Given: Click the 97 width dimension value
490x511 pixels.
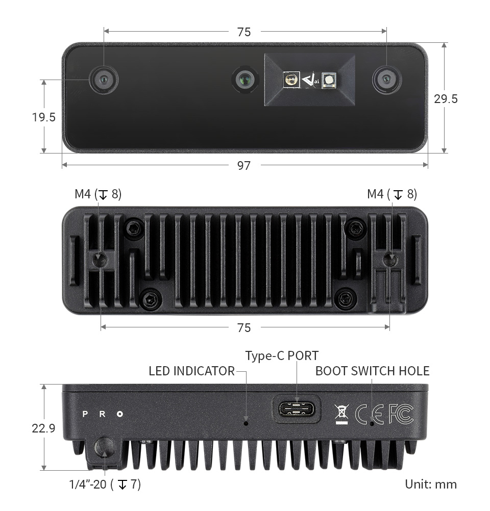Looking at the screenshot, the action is click(243, 166).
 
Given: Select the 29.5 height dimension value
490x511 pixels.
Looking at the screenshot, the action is click(446, 99).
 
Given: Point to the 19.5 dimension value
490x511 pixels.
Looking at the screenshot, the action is click(44, 117).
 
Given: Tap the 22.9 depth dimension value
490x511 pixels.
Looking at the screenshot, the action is click(43, 428).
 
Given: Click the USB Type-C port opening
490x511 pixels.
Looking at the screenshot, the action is click(297, 408).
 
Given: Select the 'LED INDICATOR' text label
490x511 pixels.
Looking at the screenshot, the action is click(192, 371).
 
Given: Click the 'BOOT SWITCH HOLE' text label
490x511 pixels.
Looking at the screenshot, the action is click(372, 371).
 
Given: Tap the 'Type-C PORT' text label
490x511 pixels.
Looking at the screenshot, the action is click(282, 355).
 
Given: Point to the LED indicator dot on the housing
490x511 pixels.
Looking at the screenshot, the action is click(246, 423).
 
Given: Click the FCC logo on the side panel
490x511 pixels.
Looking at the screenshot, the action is click(401, 414).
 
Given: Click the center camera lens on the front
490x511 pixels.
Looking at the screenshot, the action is click(245, 79).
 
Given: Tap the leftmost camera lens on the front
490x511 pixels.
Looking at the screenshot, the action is click(104, 80).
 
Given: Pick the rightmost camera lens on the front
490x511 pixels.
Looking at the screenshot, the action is click(387, 80).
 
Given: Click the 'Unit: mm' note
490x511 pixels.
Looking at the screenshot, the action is click(431, 484).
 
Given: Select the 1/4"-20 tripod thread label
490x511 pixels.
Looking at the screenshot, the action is click(105, 484).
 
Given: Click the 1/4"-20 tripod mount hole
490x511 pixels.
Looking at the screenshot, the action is click(105, 447).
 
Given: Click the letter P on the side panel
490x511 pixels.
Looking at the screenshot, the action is click(85, 414).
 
